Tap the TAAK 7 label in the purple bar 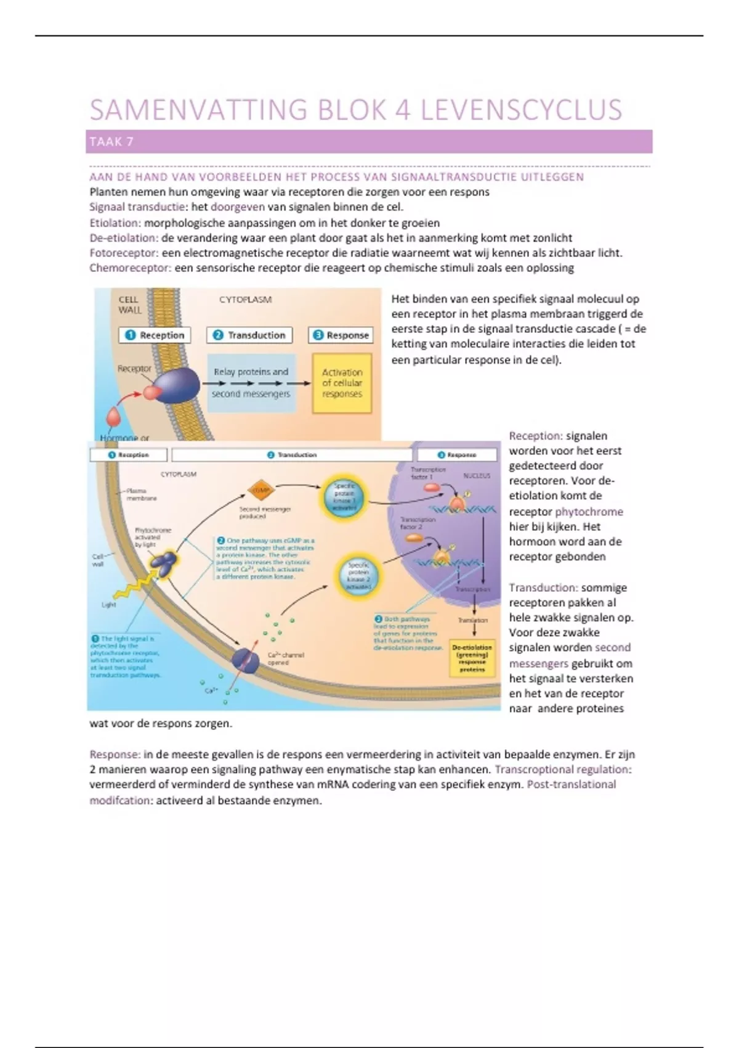click(x=111, y=142)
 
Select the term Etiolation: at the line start click(x=115, y=223)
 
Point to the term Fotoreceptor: click(x=124, y=253)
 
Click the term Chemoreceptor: click(x=130, y=268)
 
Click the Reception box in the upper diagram click(x=155, y=335)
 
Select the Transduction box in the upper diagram click(x=249, y=335)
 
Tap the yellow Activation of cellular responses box click(x=342, y=383)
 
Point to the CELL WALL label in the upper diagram click(x=129, y=305)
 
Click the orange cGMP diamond click(x=260, y=491)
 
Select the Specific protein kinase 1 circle click(x=344, y=497)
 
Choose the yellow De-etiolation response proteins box click(x=472, y=658)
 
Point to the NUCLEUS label click(x=477, y=476)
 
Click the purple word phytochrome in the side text click(x=589, y=512)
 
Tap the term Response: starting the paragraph click(x=115, y=755)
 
